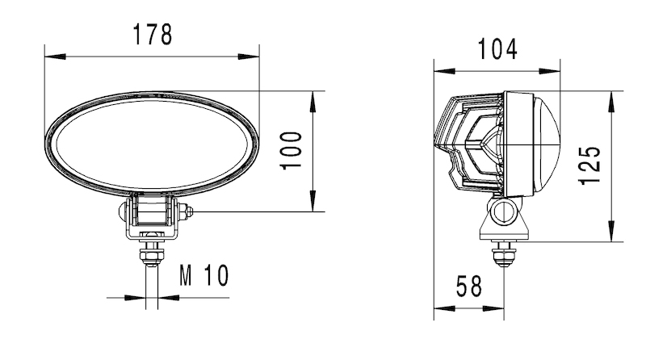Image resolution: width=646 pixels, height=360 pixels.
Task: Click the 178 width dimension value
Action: click(x=153, y=35)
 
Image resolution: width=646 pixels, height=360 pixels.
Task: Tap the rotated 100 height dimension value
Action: click(x=292, y=150)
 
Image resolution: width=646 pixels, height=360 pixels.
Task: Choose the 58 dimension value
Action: click(x=468, y=285)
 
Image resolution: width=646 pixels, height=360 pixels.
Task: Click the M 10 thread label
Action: click(x=203, y=276)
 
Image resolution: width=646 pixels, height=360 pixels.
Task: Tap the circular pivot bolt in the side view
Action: click(x=504, y=213)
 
